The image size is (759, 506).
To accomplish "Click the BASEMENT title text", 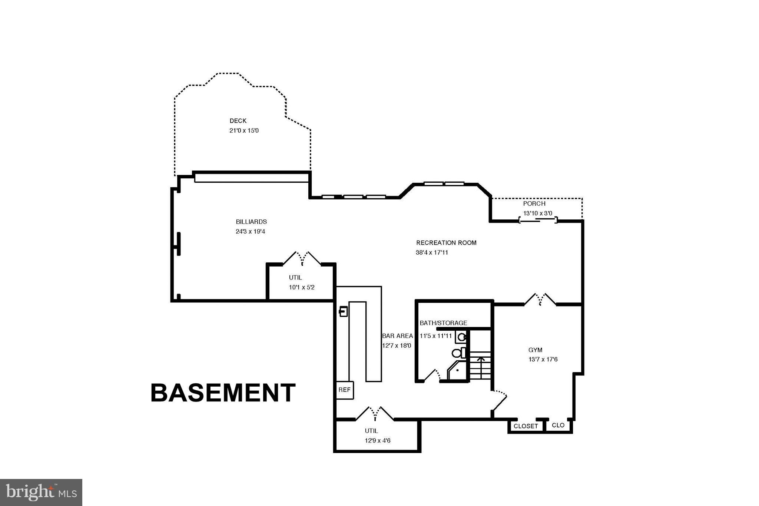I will (223, 393).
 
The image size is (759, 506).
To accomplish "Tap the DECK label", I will (238, 121).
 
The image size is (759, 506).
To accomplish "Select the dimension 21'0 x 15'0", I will (244, 130).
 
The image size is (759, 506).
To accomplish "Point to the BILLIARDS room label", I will (251, 222).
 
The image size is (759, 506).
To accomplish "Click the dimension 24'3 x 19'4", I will (251, 232).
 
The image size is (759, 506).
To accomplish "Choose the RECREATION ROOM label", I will (446, 243).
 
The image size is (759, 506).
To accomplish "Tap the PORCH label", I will (534, 204).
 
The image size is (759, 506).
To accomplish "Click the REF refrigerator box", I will (345, 390).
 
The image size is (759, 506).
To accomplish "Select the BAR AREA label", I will (397, 336).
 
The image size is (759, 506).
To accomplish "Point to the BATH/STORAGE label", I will (443, 323).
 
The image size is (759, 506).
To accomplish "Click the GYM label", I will (535, 350).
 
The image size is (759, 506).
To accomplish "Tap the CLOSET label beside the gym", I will (526, 426).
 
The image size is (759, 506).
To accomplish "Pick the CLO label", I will (558, 425).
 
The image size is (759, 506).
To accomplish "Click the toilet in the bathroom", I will (458, 353).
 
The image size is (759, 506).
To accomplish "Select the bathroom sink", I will (462, 337).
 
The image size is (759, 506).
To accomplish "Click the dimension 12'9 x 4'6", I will (377, 441).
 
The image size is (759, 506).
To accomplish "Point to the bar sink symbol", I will (344, 311).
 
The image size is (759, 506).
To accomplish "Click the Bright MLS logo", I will (41, 492).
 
